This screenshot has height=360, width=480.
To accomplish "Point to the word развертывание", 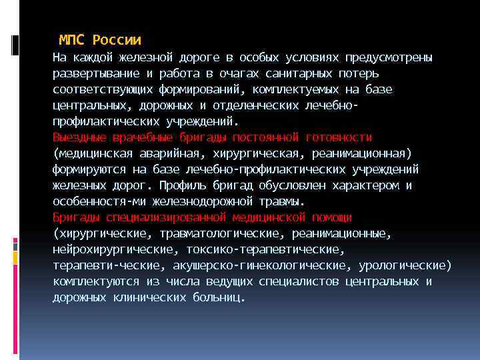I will pos(91,73).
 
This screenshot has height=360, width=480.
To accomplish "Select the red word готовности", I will pos(338,137).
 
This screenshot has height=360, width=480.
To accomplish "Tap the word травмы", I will pos(280,201).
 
